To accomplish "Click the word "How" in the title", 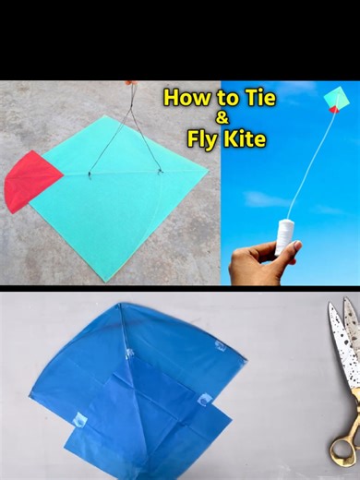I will click(184, 98).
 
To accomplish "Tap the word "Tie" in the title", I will click(247, 98).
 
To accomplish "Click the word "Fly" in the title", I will click(203, 139).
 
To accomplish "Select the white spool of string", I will click(286, 236).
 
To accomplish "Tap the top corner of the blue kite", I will click(118, 305).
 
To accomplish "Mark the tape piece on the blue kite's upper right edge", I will click(221, 346).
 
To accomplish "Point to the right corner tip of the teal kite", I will click(208, 169).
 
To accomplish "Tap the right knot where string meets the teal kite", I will click(159, 170).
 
